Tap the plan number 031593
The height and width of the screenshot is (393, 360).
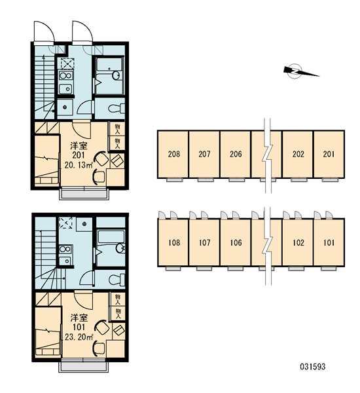[x=312, y=367]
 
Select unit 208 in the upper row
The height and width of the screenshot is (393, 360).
[x=173, y=154]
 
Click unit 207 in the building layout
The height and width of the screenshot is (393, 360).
[x=204, y=154]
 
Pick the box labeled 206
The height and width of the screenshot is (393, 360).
[x=236, y=154]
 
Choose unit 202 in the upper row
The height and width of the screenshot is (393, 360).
[x=298, y=154]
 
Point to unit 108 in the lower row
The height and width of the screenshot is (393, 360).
[x=173, y=242]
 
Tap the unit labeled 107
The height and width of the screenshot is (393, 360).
[x=204, y=242]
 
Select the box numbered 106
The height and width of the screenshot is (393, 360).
[x=236, y=242]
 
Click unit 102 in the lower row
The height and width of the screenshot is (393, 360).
[x=298, y=242]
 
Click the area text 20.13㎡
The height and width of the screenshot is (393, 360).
[x=79, y=165]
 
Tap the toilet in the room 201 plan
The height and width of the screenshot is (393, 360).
[x=117, y=109]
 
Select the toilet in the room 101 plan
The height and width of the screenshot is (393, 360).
[x=117, y=279]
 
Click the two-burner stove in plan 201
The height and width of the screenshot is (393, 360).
[x=65, y=75]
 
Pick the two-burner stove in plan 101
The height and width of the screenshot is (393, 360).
[x=65, y=250]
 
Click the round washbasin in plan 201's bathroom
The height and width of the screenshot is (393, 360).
[x=117, y=75]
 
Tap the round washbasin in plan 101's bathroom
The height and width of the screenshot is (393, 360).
[x=120, y=248]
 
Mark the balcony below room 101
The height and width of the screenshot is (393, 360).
[x=84, y=367]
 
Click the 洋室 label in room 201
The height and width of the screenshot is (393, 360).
[x=79, y=145]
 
